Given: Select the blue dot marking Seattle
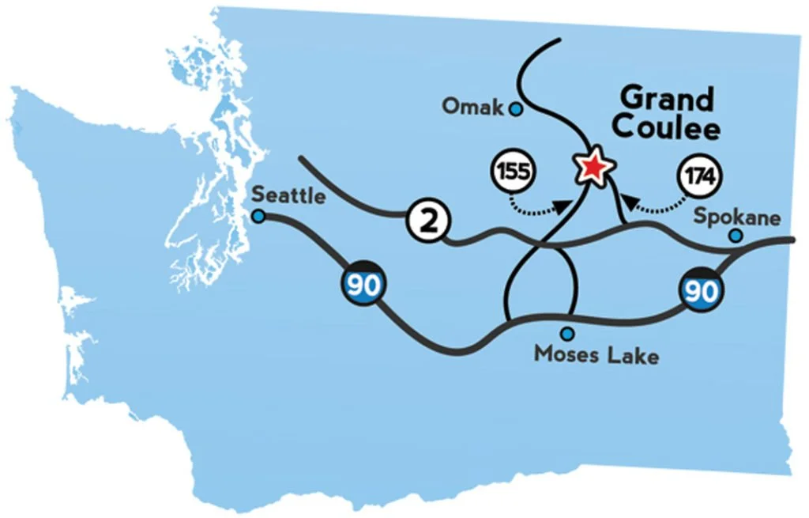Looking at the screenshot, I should [x=258, y=215].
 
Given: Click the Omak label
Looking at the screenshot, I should [x=472, y=106].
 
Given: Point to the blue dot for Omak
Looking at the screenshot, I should [x=516, y=109].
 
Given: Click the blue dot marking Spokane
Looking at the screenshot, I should [x=736, y=235].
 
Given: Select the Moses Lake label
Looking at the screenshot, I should [x=596, y=354].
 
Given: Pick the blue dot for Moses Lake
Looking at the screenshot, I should [x=566, y=334].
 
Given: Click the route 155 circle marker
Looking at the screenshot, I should [x=514, y=173].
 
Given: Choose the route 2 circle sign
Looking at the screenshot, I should [x=427, y=222].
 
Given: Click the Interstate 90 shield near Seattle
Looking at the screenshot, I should [x=363, y=285].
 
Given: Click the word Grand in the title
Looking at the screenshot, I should [x=667, y=100].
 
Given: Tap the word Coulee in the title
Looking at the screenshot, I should [x=667, y=128].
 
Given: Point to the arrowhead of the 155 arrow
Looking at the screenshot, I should [x=563, y=207].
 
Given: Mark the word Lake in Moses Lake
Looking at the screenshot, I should [x=631, y=354].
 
